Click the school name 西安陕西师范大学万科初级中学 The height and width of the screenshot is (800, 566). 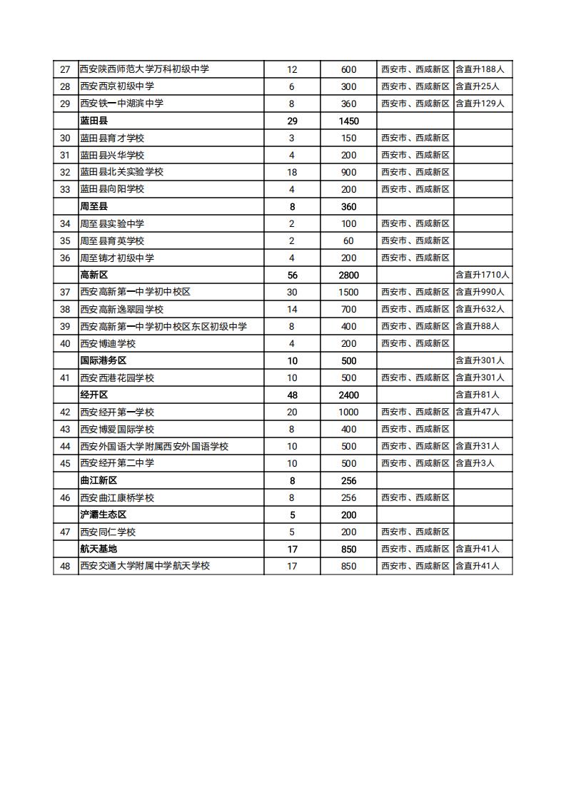point(144,69)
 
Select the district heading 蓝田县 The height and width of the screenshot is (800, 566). point(94,121)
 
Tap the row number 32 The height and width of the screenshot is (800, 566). point(65,172)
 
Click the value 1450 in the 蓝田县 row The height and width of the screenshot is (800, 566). point(348,121)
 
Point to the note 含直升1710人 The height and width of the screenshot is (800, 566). point(482,275)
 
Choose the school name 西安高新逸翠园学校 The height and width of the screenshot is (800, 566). point(121,309)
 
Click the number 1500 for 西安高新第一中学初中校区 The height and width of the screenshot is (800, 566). point(348,292)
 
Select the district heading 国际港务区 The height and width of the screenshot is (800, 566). point(103,360)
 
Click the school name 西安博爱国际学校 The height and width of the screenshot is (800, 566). point(117,429)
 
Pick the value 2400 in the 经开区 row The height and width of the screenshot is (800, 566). point(348,395)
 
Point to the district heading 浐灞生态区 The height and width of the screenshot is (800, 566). point(103,515)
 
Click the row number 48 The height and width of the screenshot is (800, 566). point(65,566)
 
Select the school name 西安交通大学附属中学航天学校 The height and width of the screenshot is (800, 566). point(145,566)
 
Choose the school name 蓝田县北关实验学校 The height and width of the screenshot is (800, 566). point(121,172)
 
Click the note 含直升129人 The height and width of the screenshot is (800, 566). point(480,103)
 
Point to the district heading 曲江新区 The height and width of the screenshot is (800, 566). point(98,480)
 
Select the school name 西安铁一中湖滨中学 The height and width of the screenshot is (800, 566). point(121,103)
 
